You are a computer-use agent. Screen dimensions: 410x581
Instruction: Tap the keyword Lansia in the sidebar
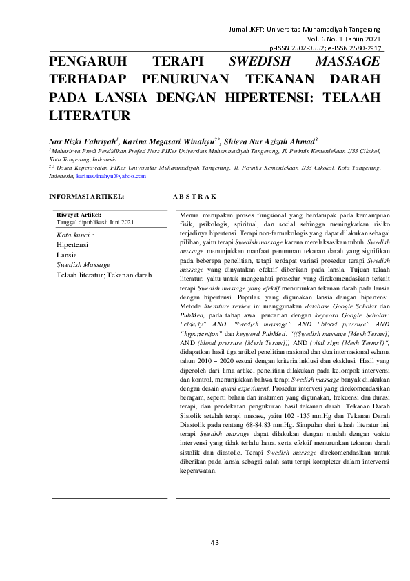click(67, 255)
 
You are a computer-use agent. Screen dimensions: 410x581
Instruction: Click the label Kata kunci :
click(74, 235)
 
